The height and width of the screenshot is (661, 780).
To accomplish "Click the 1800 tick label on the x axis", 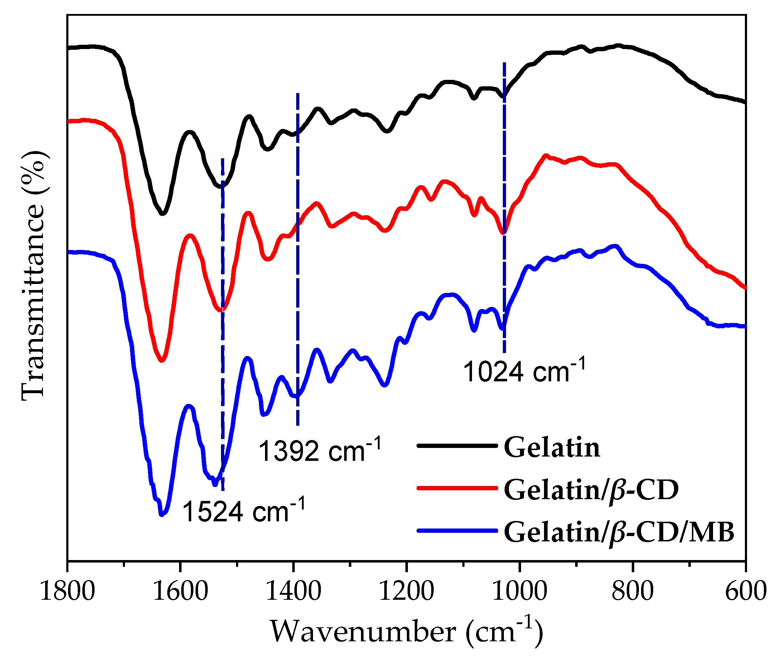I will [67, 592].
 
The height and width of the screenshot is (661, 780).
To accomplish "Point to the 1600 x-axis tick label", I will [180, 592].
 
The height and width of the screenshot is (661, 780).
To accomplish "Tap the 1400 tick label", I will [293, 592].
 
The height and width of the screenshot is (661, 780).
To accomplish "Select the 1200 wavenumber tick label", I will [407, 592].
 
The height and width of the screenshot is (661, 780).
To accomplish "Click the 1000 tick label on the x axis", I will [520, 592].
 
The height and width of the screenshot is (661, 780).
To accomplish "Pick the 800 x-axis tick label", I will [633, 592].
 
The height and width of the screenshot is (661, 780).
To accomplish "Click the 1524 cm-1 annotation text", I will [244, 512].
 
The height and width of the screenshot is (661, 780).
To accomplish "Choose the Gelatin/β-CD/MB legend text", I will [619, 532].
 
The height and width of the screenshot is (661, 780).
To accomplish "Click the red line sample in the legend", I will [457, 488].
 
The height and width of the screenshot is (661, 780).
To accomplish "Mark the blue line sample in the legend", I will [457, 531].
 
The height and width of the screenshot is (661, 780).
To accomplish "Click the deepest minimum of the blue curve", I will [162, 514].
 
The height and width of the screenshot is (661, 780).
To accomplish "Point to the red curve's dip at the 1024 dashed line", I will [504, 233].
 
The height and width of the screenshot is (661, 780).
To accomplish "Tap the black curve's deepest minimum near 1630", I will [162, 213].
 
